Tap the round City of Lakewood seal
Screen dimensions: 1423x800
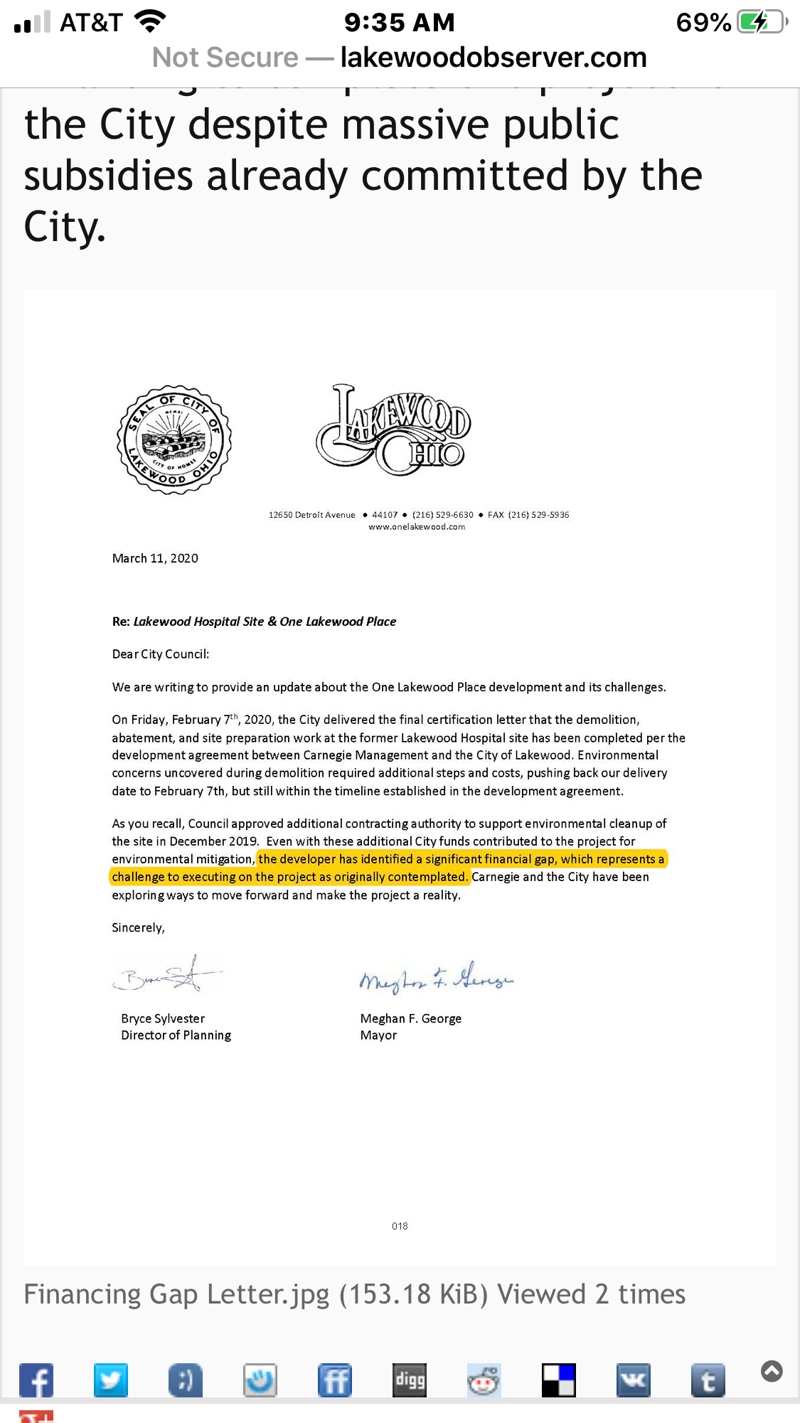[174, 440]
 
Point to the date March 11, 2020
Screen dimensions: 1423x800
[155, 558]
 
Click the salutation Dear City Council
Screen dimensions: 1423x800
[161, 654]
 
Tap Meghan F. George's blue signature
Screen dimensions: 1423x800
[436, 979]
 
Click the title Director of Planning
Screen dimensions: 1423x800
[176, 1035]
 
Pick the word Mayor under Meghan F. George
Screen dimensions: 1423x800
[378, 1035]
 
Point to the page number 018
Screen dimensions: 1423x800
[400, 1226]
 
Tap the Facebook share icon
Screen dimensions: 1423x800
[36, 1380]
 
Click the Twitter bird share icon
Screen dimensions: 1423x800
[111, 1380]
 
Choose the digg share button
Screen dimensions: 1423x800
[410, 1380]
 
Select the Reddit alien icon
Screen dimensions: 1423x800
[484, 1380]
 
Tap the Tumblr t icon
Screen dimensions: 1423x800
[708, 1380]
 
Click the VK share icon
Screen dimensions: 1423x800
[633, 1380]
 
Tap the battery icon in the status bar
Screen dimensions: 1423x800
[762, 22]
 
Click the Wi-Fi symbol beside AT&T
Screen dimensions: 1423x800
[150, 22]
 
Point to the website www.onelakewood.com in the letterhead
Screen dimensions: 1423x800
[417, 527]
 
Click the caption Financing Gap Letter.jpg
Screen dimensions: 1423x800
[176, 1294]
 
